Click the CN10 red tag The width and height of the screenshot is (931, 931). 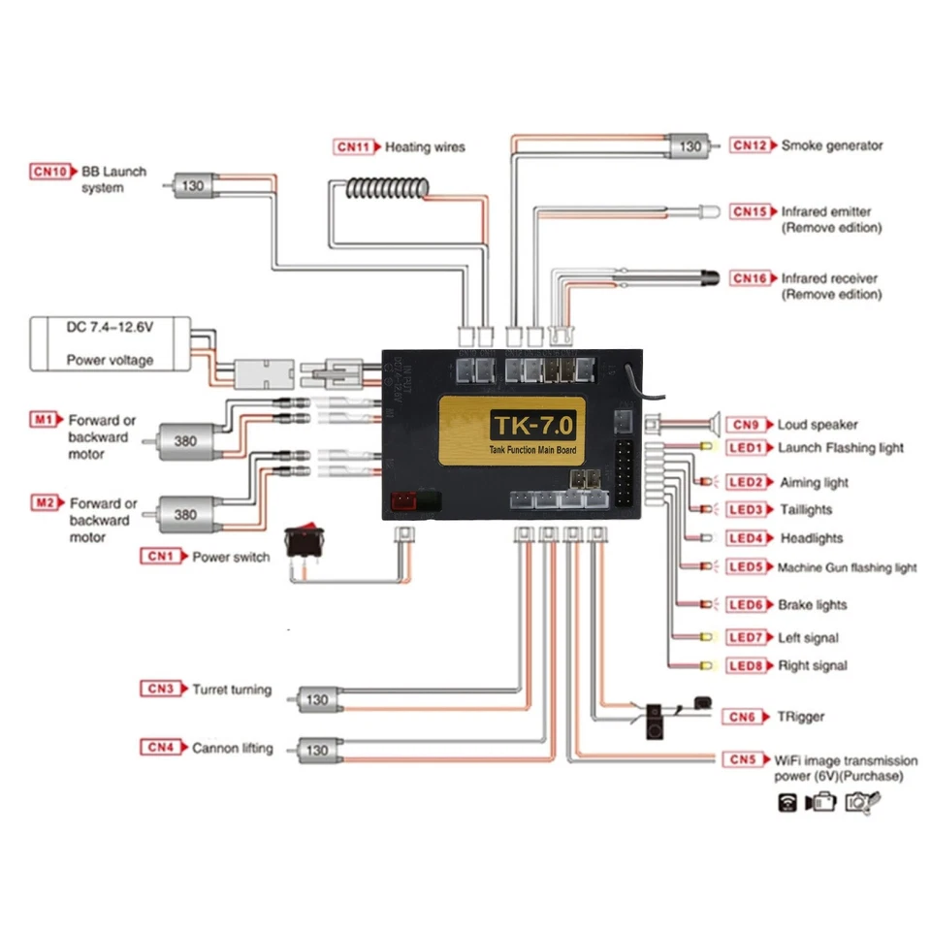point(50,172)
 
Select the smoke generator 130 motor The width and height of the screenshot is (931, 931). point(690,146)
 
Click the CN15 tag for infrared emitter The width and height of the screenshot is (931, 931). point(750,211)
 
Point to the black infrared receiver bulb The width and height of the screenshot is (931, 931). point(717,277)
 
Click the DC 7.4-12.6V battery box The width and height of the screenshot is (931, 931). point(109,344)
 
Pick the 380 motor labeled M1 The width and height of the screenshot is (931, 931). point(181,440)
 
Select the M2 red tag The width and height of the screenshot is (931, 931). point(45,502)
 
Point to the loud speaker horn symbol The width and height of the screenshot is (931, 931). point(711,424)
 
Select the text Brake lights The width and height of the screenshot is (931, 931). point(813,605)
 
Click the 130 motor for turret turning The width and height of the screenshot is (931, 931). point(315,699)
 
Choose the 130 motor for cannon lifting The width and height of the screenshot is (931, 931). point(315,750)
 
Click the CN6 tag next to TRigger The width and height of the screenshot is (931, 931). point(743,717)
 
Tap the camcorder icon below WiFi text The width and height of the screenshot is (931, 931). point(822,802)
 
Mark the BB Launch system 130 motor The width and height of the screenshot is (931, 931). point(194,185)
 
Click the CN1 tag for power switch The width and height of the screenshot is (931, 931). point(161,557)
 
